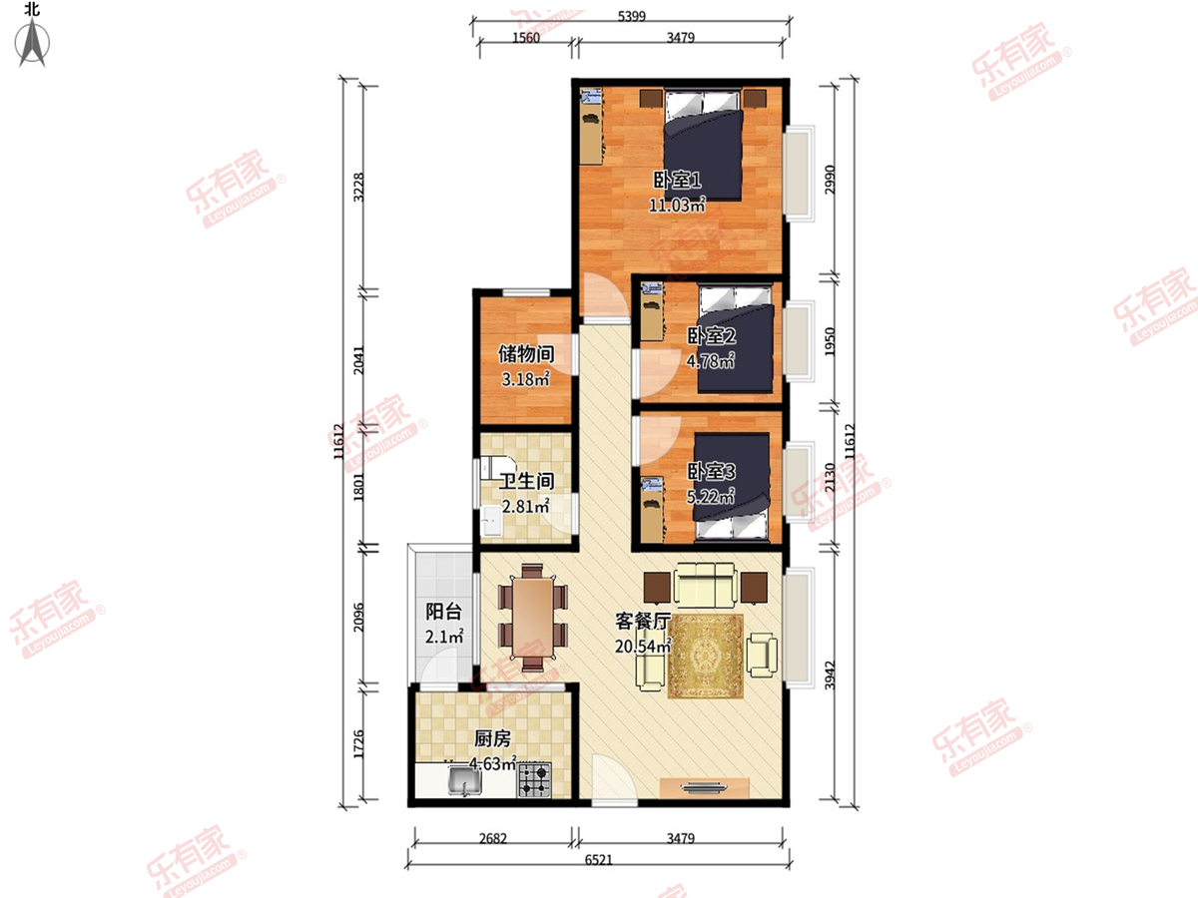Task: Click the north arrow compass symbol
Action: click(33, 42)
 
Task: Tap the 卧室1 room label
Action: click(677, 180)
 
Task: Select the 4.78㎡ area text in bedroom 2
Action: click(711, 361)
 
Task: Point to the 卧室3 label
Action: click(711, 472)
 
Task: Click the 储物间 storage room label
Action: click(526, 354)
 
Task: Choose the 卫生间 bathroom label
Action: click(527, 481)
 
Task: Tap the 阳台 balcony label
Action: click(443, 612)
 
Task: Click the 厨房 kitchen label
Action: click(493, 738)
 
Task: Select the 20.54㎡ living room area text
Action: click(643, 647)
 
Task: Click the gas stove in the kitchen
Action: click(534, 779)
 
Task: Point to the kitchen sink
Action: click(465, 781)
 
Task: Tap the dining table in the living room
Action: click(533, 618)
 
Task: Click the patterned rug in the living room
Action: click(706, 656)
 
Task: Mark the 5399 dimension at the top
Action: click(632, 16)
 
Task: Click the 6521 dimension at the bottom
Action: click(599, 860)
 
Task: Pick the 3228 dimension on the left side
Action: click(358, 187)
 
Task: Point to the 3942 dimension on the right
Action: click(830, 675)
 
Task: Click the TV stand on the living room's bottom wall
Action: click(704, 787)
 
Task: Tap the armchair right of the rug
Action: click(763, 655)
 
